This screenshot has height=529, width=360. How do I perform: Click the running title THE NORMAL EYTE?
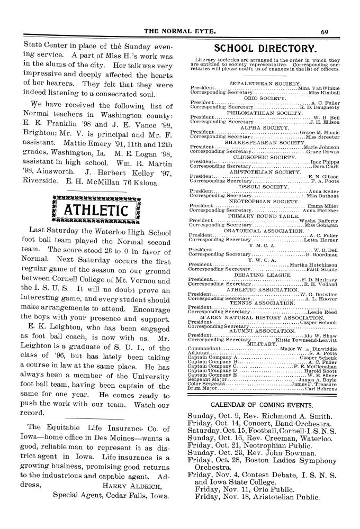click(180, 31)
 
